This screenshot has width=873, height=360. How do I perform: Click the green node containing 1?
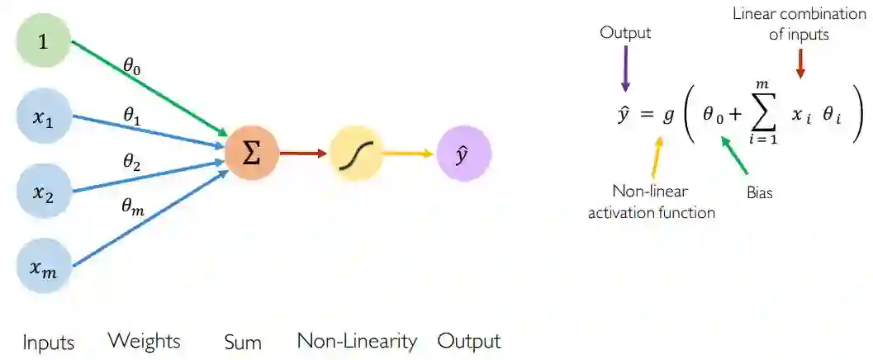point(44,39)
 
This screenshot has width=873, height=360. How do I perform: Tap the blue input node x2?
point(44,192)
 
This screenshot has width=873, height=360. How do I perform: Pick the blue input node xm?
point(44,266)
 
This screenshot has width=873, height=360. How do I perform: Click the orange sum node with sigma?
point(252,154)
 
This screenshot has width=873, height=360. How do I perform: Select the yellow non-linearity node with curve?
point(357,154)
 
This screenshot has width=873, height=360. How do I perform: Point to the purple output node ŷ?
point(463,154)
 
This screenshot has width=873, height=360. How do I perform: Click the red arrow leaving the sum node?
point(303,154)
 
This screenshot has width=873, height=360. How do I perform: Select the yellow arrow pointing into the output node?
point(410,154)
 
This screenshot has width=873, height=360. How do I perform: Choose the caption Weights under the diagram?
point(144,341)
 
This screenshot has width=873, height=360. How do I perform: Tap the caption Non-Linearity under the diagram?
point(357,341)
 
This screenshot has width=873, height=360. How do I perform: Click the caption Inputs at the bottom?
point(49,342)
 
